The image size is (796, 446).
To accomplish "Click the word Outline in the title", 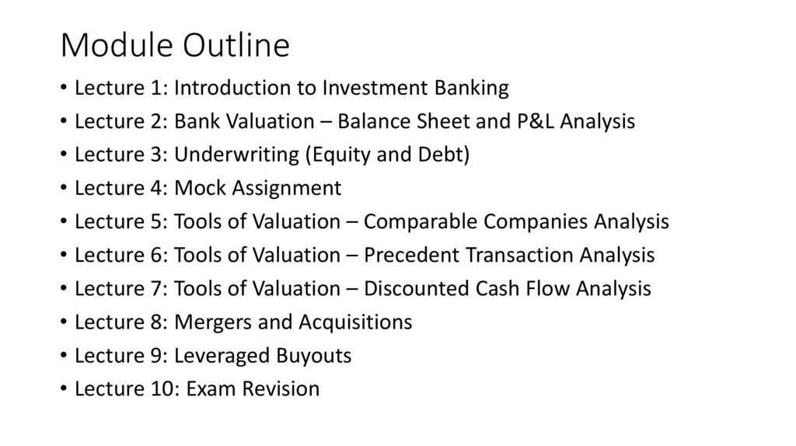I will click(x=236, y=47).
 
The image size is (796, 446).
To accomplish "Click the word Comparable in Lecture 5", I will click(x=420, y=222).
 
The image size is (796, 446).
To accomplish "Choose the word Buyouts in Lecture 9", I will click(x=314, y=356).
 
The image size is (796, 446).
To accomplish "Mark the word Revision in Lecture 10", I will click(x=281, y=389).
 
